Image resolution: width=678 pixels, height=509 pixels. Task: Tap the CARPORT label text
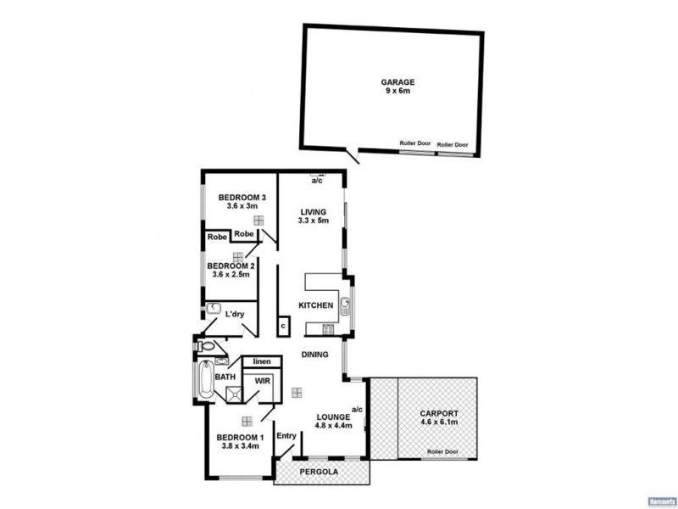click(438, 413)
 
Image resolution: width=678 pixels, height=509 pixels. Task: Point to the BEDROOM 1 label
click(241, 438)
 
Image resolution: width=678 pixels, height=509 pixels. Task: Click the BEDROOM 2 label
click(231, 266)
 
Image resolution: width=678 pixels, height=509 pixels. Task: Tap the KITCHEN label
click(314, 305)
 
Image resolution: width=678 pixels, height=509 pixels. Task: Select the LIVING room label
click(314, 212)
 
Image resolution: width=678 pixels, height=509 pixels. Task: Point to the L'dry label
click(235, 315)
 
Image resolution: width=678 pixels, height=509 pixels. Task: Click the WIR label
click(263, 382)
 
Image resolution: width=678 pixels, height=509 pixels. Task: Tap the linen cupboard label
click(261, 361)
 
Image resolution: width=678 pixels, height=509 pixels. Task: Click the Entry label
click(286, 436)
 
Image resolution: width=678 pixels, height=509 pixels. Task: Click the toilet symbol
click(203, 346)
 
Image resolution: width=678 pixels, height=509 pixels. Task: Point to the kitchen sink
click(345, 305)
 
